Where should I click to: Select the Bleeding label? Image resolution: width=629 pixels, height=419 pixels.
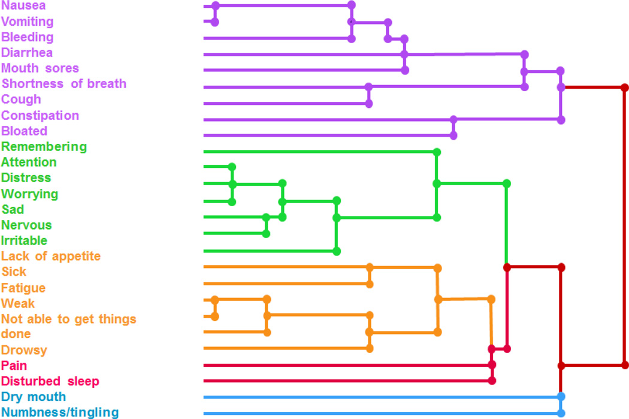27,37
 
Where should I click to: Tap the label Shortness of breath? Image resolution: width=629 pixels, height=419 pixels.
64,84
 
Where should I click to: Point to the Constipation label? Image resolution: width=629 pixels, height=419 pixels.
40,115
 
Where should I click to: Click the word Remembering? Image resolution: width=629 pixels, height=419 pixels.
44,146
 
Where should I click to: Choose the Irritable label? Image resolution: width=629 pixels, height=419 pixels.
24,240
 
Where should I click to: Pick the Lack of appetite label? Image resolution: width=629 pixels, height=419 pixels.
51,256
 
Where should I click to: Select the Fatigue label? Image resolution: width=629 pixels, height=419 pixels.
23,288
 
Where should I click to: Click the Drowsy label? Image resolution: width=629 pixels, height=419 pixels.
24,349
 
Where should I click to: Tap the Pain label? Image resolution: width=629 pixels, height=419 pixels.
14,365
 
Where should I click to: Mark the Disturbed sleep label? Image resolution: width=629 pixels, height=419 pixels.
50,381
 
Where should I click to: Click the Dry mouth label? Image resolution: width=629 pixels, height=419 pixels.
34,397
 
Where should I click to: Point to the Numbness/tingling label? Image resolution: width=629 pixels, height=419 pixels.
60,412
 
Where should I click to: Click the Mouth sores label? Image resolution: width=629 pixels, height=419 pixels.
40,68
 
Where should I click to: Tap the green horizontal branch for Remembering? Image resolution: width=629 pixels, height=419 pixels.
317,152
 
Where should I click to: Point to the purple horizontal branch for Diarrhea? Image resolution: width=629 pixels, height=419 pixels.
300,55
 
